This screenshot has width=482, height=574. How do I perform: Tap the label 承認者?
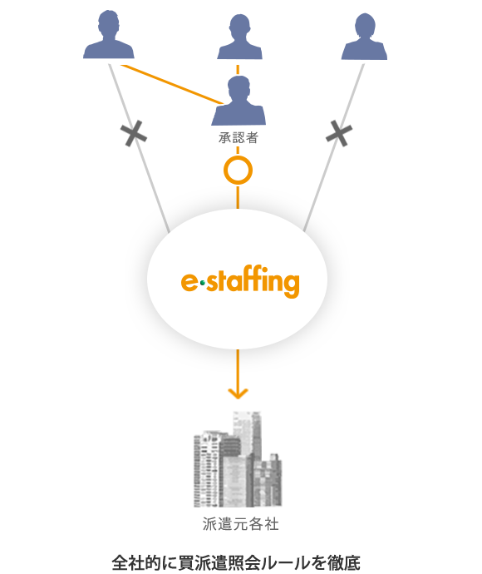(x=239, y=138)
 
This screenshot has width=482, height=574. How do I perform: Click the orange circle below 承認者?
(x=238, y=171)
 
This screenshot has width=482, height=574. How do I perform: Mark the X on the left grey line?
(x=134, y=134)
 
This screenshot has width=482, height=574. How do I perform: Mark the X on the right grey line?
(x=339, y=134)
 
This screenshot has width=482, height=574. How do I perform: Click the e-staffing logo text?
(x=240, y=281)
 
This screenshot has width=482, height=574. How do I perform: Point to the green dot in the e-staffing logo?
(x=203, y=283)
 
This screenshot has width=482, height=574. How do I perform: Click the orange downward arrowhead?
(x=238, y=393)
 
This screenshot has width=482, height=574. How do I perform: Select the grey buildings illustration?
(x=238, y=459)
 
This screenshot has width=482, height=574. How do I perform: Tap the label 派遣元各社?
(x=241, y=524)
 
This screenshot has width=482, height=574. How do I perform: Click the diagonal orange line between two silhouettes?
(x=172, y=85)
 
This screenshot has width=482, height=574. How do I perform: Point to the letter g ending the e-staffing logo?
(x=291, y=285)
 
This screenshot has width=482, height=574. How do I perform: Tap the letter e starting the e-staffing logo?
(x=189, y=282)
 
